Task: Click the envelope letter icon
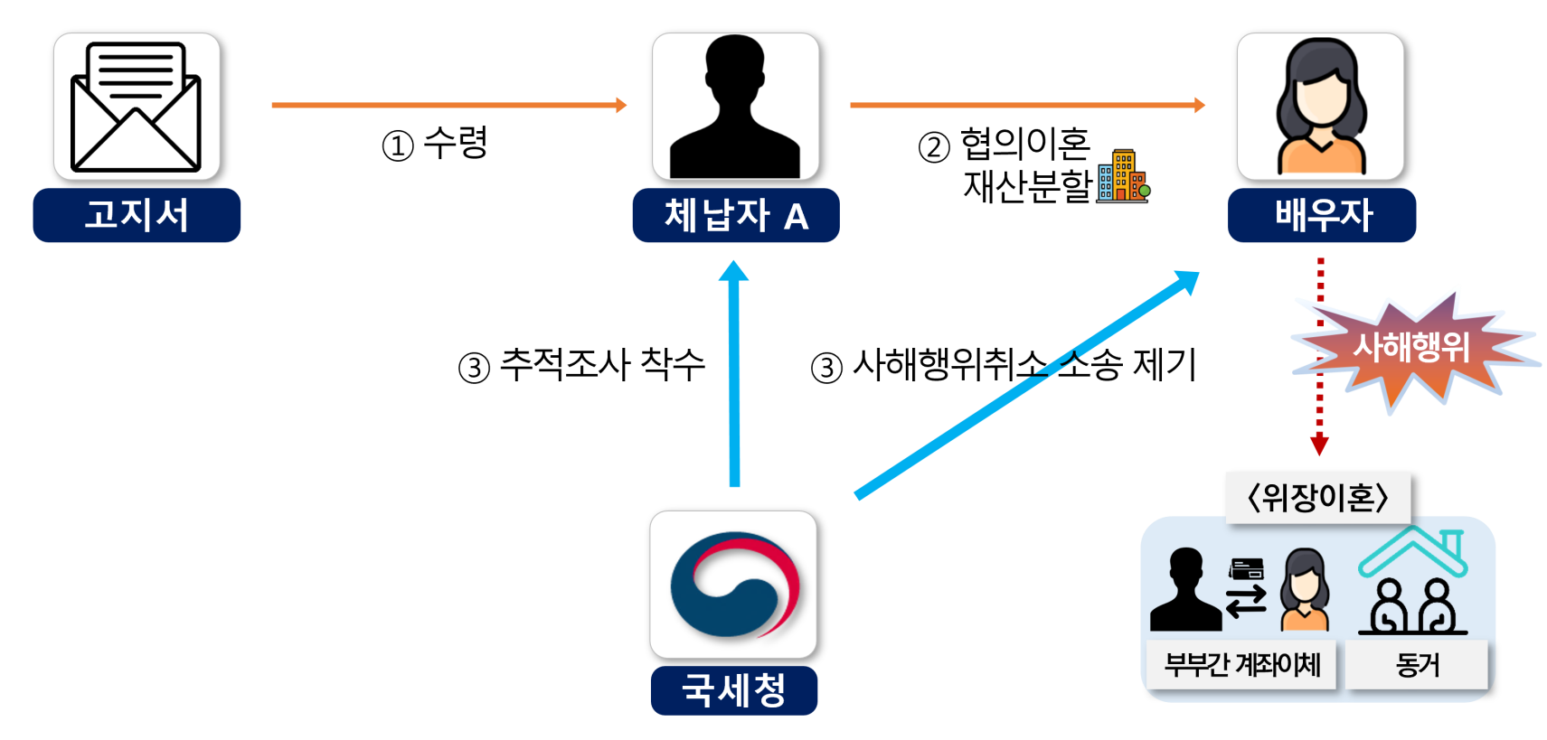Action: coord(136,107)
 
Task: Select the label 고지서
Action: coord(137,215)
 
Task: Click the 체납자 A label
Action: coord(735,215)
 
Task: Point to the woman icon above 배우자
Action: coord(1320,107)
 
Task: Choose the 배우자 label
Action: coord(1322,215)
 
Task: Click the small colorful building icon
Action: coord(1122,176)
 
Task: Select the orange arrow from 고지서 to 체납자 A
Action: coord(448,105)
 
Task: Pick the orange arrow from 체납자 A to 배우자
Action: coord(1026,105)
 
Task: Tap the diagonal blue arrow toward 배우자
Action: coord(1026,385)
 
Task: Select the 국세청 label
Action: coord(733,690)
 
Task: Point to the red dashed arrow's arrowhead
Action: coord(1319,445)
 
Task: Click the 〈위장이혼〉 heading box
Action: coord(1317,497)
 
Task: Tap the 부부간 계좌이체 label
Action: coord(1242,665)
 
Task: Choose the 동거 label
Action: coord(1417,665)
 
